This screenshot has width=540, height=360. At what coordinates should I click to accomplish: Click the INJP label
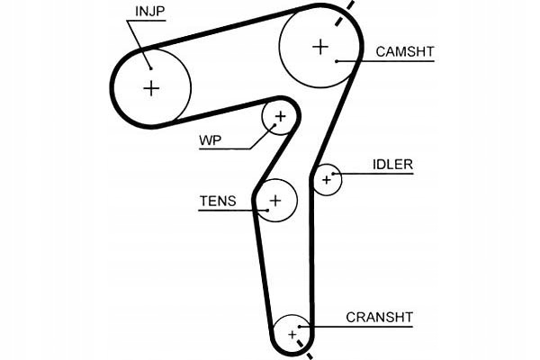tap(150, 13)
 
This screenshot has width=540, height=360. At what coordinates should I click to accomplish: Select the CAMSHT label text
tap(404, 52)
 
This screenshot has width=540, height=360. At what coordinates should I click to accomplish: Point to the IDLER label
tap(392, 165)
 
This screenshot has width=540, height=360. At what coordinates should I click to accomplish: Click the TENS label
tap(217, 202)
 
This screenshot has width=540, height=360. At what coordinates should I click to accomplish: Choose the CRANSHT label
tap(379, 317)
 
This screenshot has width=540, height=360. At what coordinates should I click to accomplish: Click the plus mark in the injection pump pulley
tap(151, 87)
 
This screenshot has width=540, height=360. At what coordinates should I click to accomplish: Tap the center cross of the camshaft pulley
tap(320, 46)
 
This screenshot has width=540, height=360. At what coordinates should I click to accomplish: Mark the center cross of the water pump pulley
tap(280, 116)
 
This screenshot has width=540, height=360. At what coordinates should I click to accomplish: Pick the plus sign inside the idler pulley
tap(327, 180)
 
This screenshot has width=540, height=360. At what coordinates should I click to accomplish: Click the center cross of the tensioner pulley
tap(275, 200)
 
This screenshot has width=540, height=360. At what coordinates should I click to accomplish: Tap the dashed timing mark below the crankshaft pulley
tap(310, 355)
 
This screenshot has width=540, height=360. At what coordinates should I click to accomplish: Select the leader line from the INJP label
tap(139, 40)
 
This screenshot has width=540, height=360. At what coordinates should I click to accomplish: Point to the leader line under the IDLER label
tap(378, 173)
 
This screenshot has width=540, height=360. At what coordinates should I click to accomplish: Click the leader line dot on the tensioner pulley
tap(266, 210)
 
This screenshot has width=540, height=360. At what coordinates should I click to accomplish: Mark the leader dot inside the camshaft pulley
tap(336, 60)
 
